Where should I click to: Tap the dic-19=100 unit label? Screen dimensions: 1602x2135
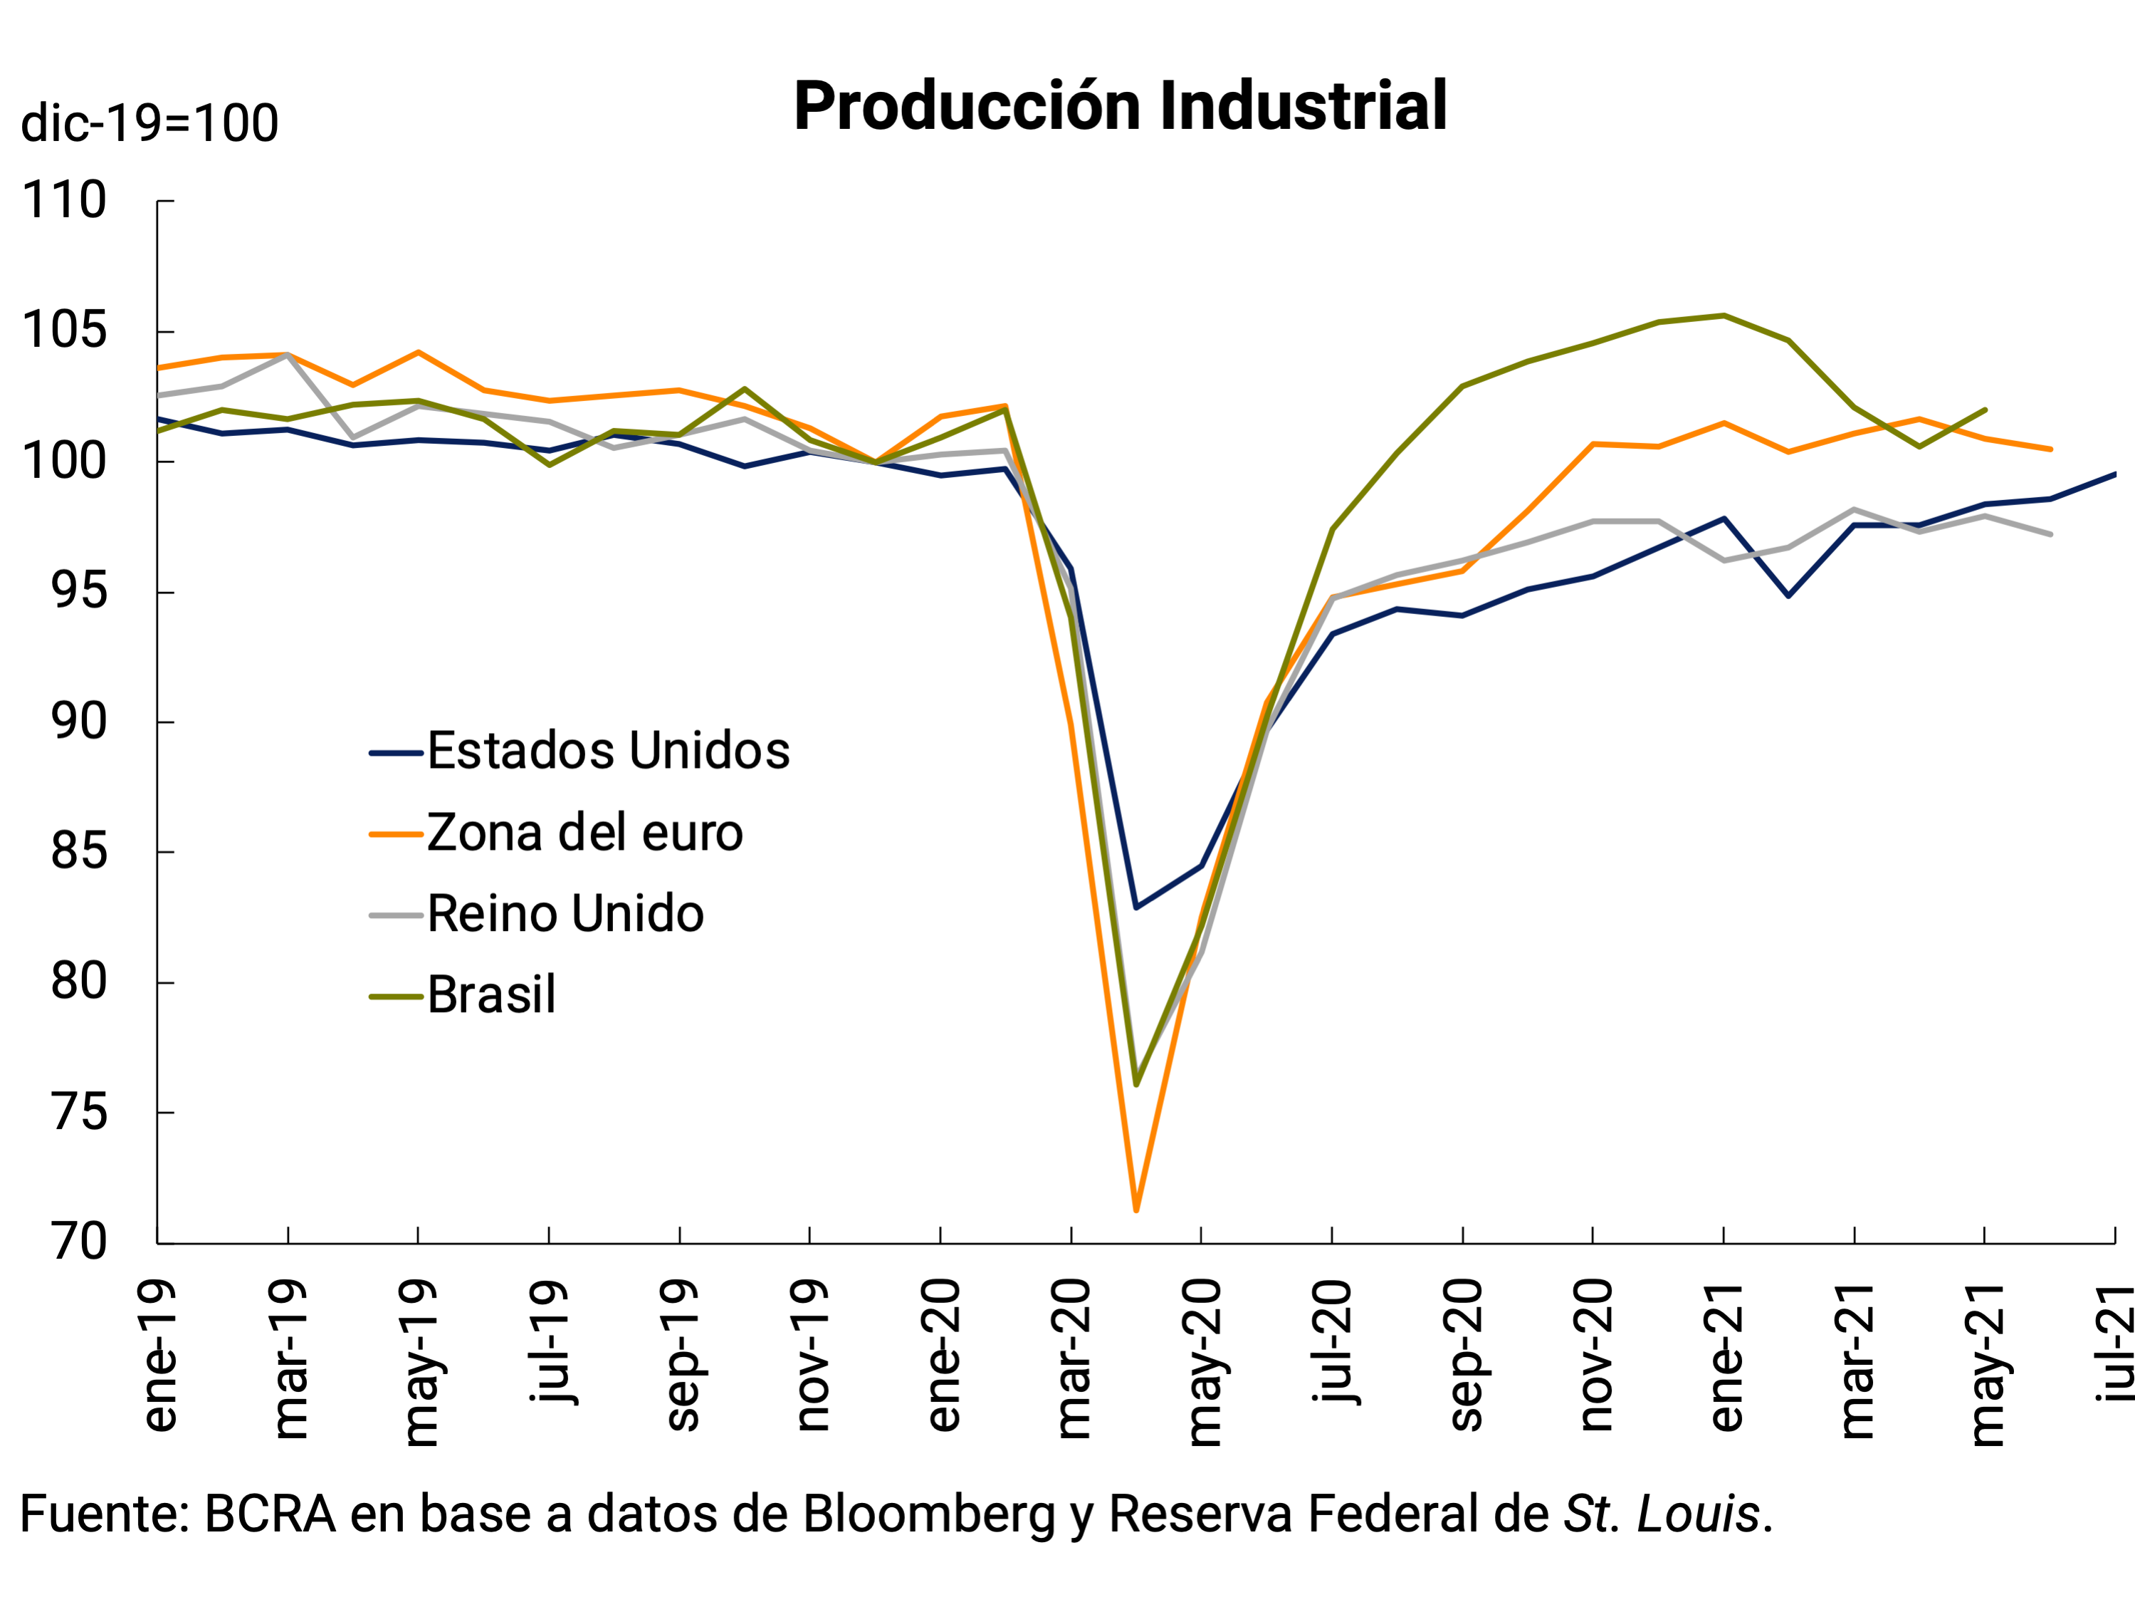[x=149, y=124]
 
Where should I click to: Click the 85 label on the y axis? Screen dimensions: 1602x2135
[x=79, y=852]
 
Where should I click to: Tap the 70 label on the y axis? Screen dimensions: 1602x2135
[x=79, y=1242]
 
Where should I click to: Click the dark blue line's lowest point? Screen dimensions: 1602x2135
[x=1136, y=907]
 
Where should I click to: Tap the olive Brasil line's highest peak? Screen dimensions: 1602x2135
[x=1724, y=316]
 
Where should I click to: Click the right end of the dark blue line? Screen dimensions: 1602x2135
[x=2114, y=474]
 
